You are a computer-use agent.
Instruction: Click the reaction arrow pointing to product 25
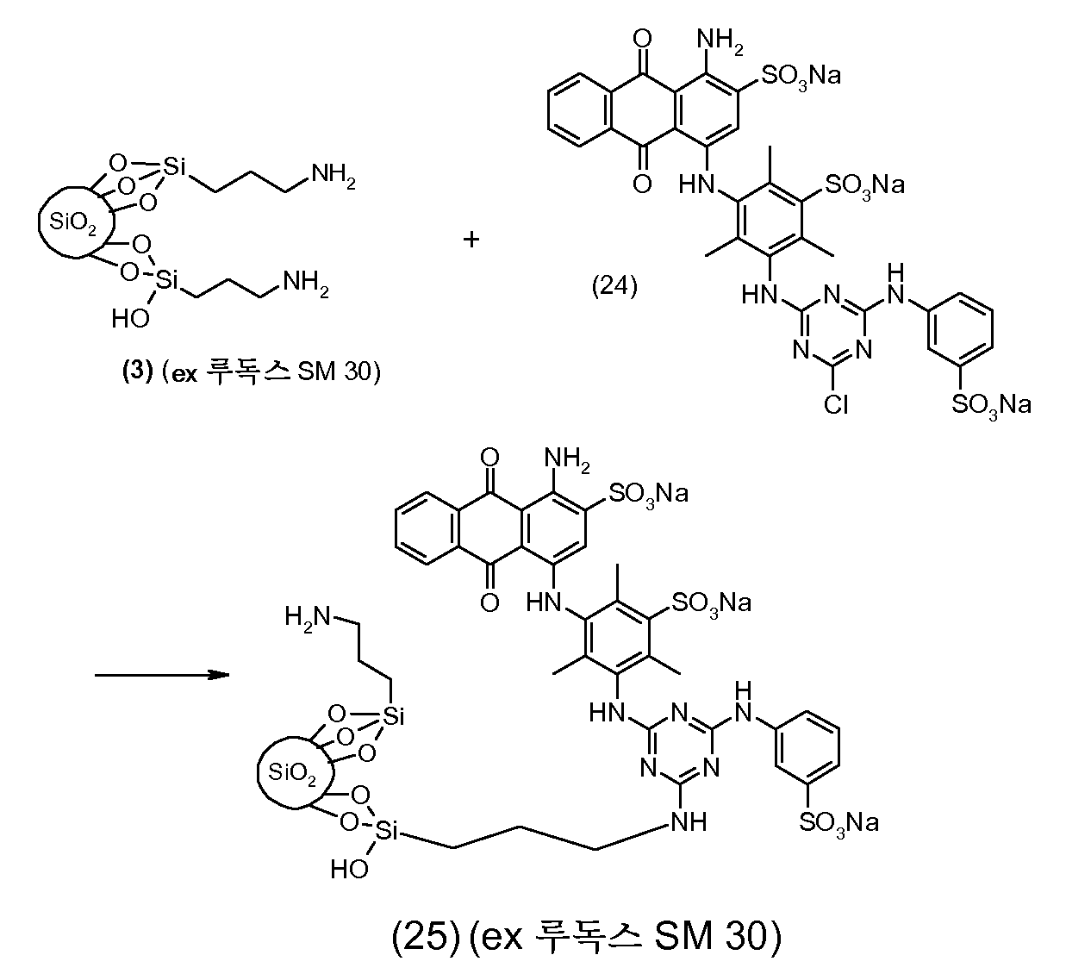[x=162, y=675]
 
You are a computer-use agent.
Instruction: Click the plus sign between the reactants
[x=471, y=240]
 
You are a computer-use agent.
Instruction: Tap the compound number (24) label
[x=614, y=286]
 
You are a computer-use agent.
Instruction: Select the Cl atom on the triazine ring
[x=836, y=406]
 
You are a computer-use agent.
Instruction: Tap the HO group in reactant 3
[x=130, y=319]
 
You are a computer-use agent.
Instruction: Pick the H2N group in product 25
[x=307, y=617]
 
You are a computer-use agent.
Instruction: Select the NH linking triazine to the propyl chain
[x=689, y=822]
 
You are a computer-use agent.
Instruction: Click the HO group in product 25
[x=349, y=870]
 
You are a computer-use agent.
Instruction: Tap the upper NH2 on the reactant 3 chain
[x=334, y=176]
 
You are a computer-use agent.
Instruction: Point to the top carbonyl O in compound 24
[x=642, y=39]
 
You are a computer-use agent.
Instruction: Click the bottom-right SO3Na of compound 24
[x=991, y=406]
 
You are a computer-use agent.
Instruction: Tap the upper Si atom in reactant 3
[x=174, y=166]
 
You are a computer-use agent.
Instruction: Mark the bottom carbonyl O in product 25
[x=489, y=602]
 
